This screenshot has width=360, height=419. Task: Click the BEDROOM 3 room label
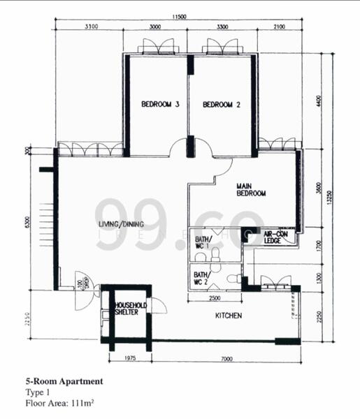click(161, 105)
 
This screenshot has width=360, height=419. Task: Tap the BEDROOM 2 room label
click(222, 105)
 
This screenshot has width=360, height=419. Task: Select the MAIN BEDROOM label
click(251, 189)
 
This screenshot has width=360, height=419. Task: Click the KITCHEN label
click(229, 316)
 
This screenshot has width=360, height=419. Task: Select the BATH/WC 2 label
click(201, 279)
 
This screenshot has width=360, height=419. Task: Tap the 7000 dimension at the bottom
click(225, 359)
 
